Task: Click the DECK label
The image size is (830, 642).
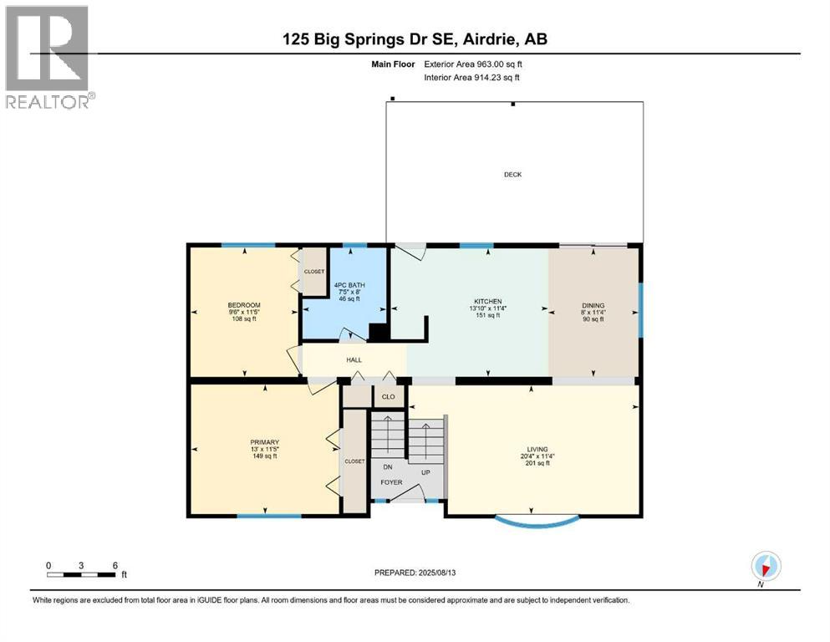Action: (x=512, y=175)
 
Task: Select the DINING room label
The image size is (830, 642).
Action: (x=593, y=306)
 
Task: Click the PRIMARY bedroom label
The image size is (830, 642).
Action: (x=264, y=442)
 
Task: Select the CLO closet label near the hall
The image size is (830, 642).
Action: (x=388, y=397)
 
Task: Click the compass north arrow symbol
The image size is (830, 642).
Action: (x=766, y=566)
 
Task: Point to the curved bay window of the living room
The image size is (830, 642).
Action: (x=536, y=523)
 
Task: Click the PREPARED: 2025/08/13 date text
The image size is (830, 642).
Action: (x=415, y=573)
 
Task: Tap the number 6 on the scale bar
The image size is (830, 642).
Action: (x=114, y=565)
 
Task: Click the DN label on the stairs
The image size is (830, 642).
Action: (x=388, y=467)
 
